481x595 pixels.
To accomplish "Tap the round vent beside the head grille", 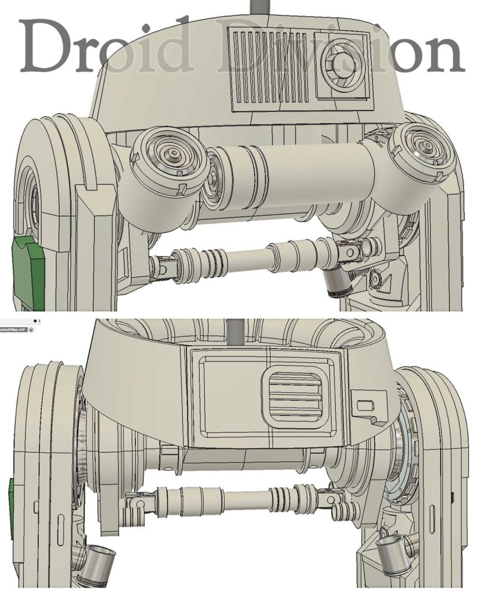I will pos(343,62).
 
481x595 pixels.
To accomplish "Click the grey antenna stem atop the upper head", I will pos(257,8).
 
